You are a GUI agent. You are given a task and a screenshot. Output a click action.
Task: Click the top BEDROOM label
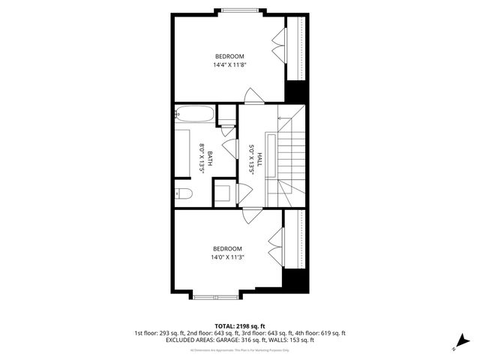[229, 57]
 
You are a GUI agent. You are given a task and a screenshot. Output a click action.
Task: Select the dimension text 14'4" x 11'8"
[229, 65]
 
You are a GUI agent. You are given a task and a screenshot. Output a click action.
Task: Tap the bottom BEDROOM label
[227, 249]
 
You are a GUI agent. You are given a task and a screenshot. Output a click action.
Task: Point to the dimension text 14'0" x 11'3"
[227, 257]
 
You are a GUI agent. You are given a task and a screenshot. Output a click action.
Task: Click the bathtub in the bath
[194, 115]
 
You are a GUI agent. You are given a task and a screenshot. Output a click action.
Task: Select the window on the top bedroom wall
[241, 10]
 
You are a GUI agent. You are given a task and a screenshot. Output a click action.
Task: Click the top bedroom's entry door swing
[253, 96]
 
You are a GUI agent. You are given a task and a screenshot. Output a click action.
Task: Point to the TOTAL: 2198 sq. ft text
[240, 326]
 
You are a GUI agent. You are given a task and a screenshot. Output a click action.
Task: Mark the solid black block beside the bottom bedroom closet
[295, 283]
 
